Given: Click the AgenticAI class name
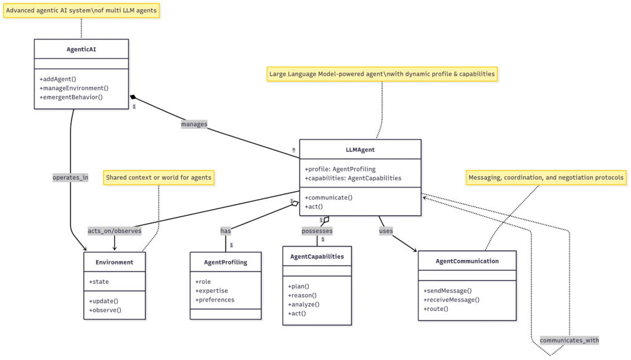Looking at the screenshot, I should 81,49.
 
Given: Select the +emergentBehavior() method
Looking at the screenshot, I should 71,97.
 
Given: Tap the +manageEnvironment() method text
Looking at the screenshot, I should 74,88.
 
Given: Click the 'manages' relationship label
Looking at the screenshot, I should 194,124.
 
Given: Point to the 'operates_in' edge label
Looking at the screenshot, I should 70,178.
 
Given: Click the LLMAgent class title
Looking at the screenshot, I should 360,149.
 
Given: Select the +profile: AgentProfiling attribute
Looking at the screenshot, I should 340,169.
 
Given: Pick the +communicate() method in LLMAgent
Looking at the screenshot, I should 328,197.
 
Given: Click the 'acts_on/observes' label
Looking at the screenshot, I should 115,231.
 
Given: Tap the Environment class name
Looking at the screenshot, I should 115,262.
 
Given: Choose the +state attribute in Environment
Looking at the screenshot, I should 99,282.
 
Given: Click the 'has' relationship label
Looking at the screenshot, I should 226,231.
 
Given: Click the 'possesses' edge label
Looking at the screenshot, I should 317,231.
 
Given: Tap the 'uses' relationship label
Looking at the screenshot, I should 386,231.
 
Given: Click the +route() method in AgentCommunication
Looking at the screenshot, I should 436,308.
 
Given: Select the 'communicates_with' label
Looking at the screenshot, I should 569,340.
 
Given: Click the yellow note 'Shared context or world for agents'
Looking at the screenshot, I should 158,178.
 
